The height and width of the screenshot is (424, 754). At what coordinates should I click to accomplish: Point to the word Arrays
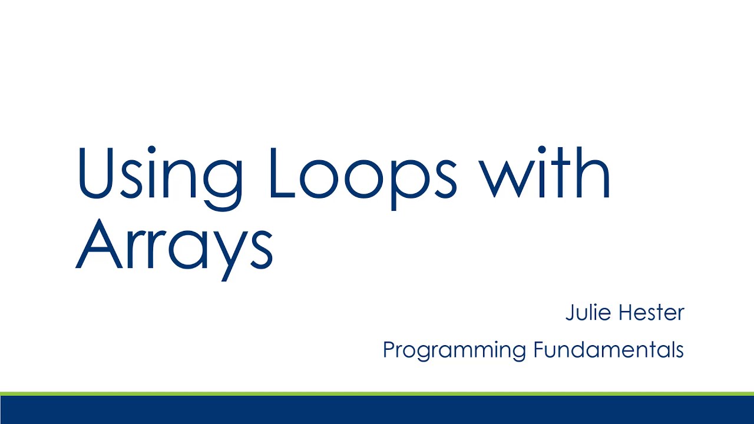[x=174, y=244]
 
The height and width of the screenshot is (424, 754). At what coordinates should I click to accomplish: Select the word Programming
[x=455, y=350]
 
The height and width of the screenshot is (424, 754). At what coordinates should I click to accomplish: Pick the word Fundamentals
[x=609, y=349]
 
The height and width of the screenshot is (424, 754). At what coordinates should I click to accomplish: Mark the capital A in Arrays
[x=98, y=243]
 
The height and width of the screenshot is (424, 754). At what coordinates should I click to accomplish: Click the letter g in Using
[x=222, y=183]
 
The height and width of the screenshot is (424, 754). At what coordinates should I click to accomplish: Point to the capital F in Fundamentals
[x=538, y=349]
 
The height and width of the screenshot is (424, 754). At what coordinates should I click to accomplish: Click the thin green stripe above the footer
[x=377, y=393]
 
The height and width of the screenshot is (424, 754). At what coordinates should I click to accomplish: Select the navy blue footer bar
[x=377, y=410]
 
